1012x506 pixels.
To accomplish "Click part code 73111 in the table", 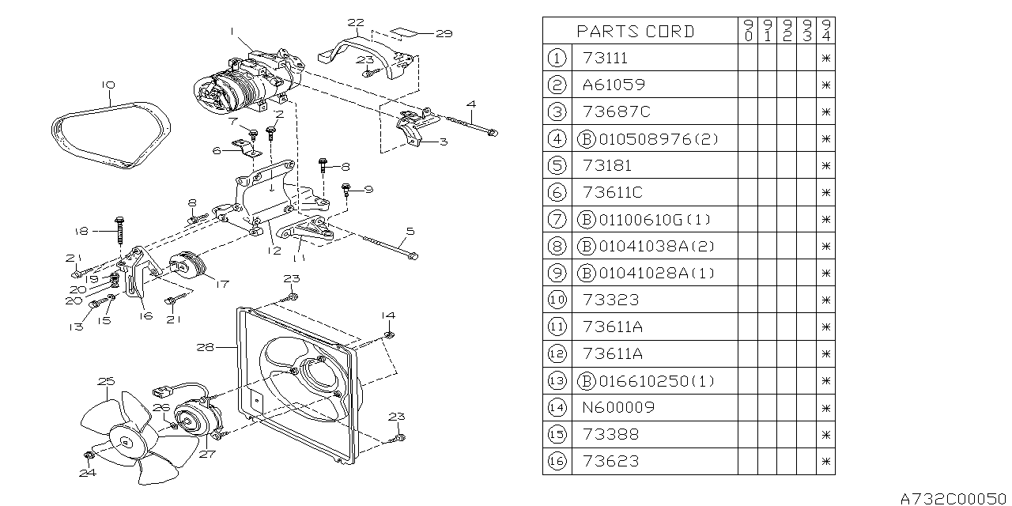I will (x=606, y=58).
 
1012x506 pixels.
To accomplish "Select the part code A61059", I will (x=613, y=85).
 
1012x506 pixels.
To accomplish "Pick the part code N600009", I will (x=618, y=407).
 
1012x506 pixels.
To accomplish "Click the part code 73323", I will (x=610, y=300).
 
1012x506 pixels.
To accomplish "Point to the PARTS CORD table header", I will (x=636, y=31).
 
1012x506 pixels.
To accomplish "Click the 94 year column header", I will (x=826, y=31).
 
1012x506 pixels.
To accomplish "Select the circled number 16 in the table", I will (x=557, y=461).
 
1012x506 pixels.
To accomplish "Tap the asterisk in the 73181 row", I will (x=826, y=165).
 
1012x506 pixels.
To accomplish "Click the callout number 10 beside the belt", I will (x=108, y=85).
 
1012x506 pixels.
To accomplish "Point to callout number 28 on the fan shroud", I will (x=206, y=346).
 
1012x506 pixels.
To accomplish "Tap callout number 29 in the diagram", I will (x=443, y=33).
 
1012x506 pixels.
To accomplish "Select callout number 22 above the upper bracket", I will (x=356, y=22).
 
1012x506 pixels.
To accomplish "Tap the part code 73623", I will (x=610, y=461).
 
